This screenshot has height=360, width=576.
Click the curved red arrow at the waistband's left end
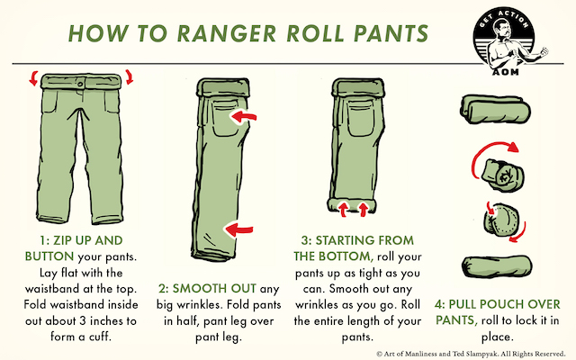pos(34,79)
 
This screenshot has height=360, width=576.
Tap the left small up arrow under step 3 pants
pos(346,210)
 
